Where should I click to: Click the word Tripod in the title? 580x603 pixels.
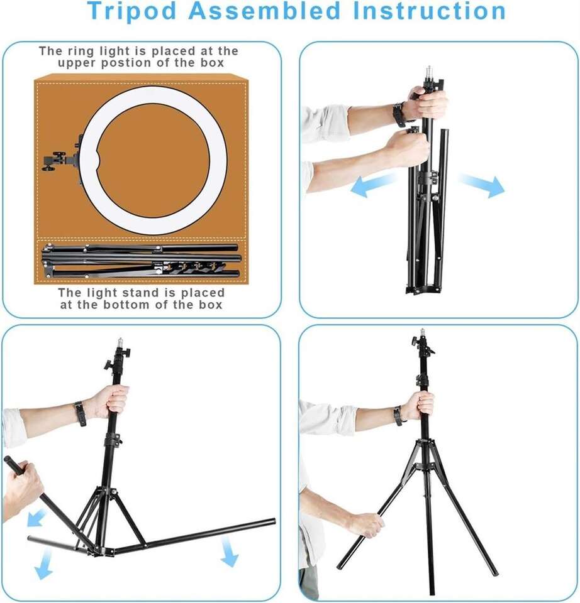pyautogui.click(x=131, y=11)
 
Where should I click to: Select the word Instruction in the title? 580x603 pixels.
pyautogui.click(x=429, y=11)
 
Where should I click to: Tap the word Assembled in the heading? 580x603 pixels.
pyautogui.click(x=265, y=11)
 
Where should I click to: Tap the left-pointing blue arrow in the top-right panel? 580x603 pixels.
pyautogui.click(x=373, y=184)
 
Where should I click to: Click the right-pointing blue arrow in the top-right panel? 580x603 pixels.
pyautogui.click(x=482, y=185)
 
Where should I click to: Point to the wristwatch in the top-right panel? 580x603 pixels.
pyautogui.click(x=399, y=114)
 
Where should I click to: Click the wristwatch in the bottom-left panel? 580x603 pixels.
pyautogui.click(x=80, y=414)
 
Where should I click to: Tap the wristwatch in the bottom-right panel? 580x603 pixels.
pyautogui.click(x=398, y=416)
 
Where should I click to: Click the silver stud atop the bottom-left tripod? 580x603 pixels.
pyautogui.click(x=120, y=342)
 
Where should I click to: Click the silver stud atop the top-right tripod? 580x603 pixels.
pyautogui.click(x=429, y=72)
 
